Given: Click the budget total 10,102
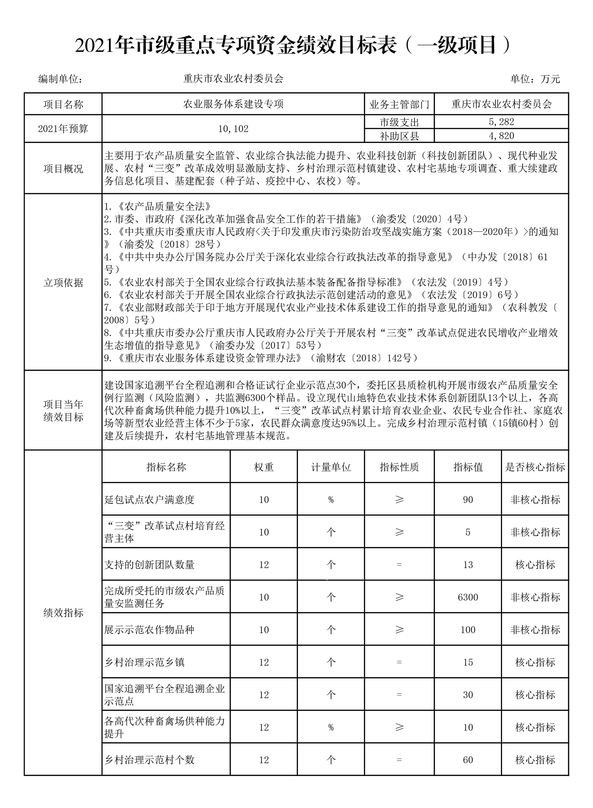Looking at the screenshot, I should click(x=233, y=129).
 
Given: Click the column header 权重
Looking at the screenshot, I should click(x=264, y=467).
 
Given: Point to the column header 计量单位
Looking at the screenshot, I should click(x=331, y=467).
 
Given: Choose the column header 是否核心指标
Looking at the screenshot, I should click(x=535, y=467).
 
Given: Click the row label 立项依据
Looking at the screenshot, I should click(x=63, y=283).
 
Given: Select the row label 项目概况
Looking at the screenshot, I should click(x=63, y=169).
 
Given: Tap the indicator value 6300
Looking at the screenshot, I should click(x=468, y=597).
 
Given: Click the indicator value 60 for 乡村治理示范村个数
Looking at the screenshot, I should click(x=468, y=760).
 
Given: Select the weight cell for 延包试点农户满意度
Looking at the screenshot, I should click(x=264, y=499).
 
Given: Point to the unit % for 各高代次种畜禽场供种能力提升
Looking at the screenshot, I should click(x=331, y=727).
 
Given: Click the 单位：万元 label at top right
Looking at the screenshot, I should click(x=535, y=79).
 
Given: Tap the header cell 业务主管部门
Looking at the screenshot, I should click(x=399, y=104).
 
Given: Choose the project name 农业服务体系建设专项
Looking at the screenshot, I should click(x=233, y=104).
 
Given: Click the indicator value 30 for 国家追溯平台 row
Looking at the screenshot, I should click(x=468, y=695).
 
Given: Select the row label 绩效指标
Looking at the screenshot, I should click(x=63, y=612).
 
